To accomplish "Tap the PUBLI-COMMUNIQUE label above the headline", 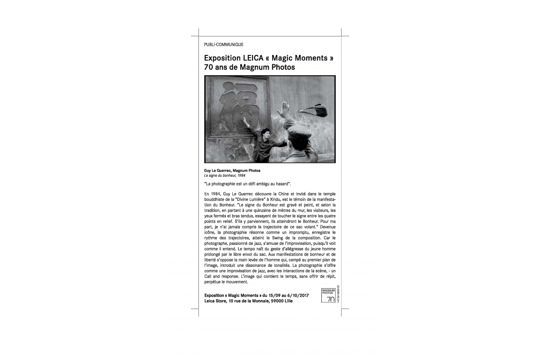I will [224, 45].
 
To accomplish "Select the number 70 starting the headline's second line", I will [209, 68].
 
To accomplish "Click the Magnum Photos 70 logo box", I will [328, 295].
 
